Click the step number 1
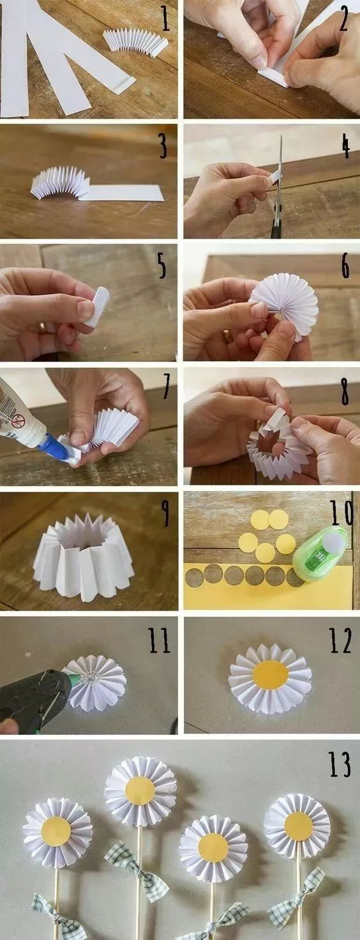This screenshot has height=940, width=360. (x=165, y=19)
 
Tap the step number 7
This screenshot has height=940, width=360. (x=167, y=386)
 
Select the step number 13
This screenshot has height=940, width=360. (x=339, y=764)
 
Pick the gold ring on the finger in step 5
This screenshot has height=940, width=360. (x=42, y=328)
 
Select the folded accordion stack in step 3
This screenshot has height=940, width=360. (x=61, y=182)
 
